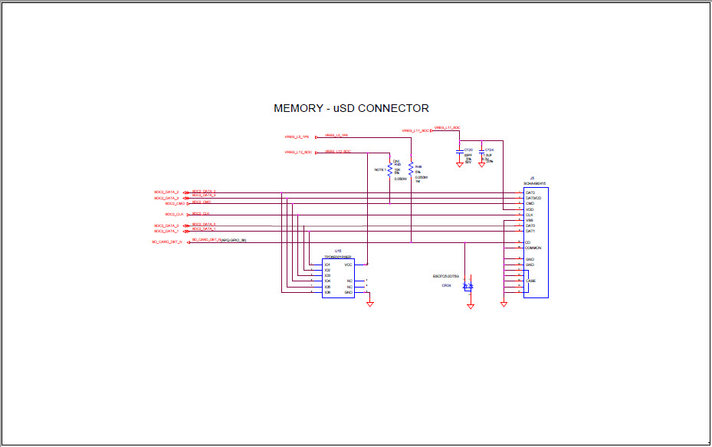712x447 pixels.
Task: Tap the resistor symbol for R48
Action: (x=411, y=168)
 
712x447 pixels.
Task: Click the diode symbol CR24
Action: (x=470, y=286)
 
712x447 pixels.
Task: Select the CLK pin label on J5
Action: (x=530, y=215)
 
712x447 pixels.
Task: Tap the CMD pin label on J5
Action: (x=530, y=204)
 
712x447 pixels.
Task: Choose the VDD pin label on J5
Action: (x=530, y=209)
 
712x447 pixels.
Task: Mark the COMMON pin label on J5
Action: (x=533, y=248)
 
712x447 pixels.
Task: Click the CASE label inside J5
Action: (x=530, y=281)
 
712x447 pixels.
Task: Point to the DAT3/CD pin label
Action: (x=533, y=198)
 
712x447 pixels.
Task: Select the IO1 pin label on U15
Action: (x=327, y=265)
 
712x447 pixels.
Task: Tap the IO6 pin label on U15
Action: (x=327, y=292)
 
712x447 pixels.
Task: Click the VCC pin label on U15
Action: (x=348, y=265)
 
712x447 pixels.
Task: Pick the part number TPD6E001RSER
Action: (x=337, y=257)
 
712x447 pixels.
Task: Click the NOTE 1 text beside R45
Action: (x=379, y=169)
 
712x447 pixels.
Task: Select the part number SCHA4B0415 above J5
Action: (x=534, y=183)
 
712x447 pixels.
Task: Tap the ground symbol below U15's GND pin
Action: (x=369, y=304)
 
